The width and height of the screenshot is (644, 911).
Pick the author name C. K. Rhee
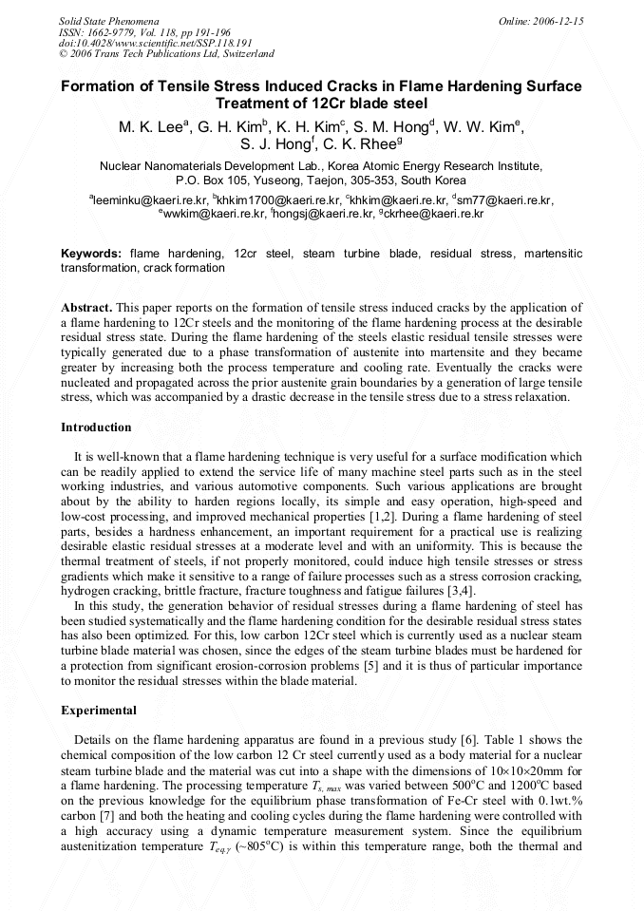click(x=362, y=145)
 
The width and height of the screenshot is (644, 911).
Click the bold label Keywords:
click(x=91, y=254)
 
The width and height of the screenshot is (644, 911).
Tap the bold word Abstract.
click(x=87, y=309)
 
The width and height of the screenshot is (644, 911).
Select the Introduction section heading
click(x=96, y=427)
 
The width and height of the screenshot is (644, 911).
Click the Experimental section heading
click(x=99, y=710)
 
